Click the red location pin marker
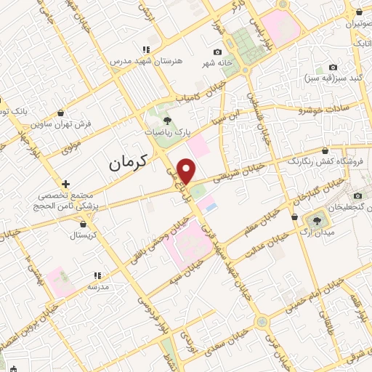pyautogui.click(x=187, y=171)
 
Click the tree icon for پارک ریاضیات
pyautogui.click(x=168, y=121)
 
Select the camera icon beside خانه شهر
pyautogui.click(x=217, y=52)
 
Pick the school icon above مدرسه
pyautogui.click(x=97, y=275)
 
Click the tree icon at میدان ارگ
pyautogui.click(x=317, y=219)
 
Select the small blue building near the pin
pyautogui.click(x=211, y=207)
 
